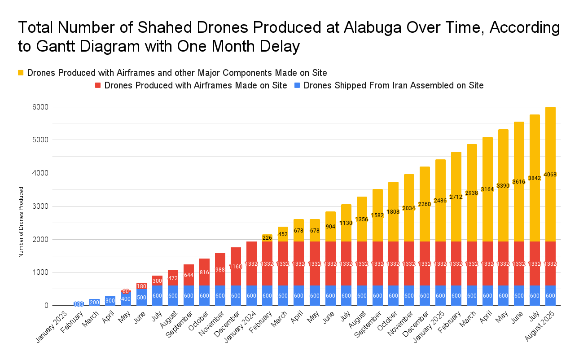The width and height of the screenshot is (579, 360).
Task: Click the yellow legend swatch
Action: click(21, 73)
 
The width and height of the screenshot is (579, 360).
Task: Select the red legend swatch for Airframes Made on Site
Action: click(97, 85)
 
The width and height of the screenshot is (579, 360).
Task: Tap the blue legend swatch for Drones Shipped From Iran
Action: click(297, 85)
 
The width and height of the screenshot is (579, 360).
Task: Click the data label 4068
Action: click(551, 174)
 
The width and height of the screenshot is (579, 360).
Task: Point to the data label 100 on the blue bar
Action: click(79, 304)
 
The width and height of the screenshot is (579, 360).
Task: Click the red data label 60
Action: click(126, 291)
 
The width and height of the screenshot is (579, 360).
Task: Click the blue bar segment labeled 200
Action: click(94, 302)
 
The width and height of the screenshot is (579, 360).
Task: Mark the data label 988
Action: click(220, 269)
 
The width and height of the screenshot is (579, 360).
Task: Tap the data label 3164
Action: click(487, 189)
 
